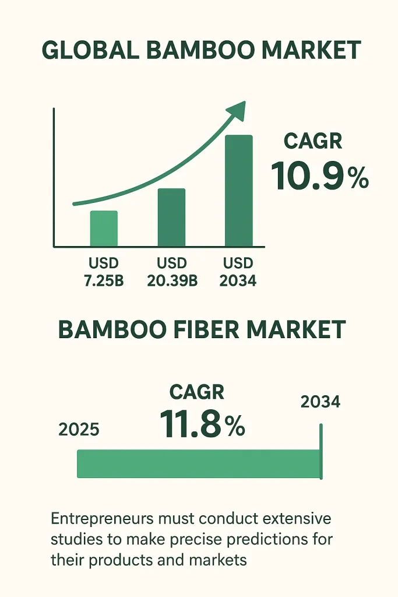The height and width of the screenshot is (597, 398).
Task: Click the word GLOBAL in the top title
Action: [x=90, y=50]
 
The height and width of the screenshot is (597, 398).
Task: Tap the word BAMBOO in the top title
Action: [x=200, y=50]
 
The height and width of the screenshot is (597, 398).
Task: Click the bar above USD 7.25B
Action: [x=104, y=229]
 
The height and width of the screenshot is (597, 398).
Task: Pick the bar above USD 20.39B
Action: [x=171, y=217]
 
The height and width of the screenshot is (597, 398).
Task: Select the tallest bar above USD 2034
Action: [x=239, y=191]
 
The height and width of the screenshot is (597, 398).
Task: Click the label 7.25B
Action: [x=104, y=281]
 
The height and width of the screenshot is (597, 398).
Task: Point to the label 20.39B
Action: [x=172, y=281]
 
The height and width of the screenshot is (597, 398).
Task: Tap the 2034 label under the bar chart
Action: [x=238, y=281]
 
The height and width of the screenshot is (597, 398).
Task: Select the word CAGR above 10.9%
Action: [x=313, y=141]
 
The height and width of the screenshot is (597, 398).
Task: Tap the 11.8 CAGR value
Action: [x=190, y=424]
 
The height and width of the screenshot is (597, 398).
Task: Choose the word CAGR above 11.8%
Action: [x=197, y=392]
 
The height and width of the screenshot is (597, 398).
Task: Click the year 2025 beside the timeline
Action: [x=79, y=430]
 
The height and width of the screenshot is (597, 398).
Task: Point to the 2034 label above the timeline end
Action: [x=320, y=402]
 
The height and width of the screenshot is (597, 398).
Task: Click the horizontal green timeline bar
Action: [x=199, y=463]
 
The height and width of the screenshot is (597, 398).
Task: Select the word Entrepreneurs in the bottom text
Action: [x=103, y=519]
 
